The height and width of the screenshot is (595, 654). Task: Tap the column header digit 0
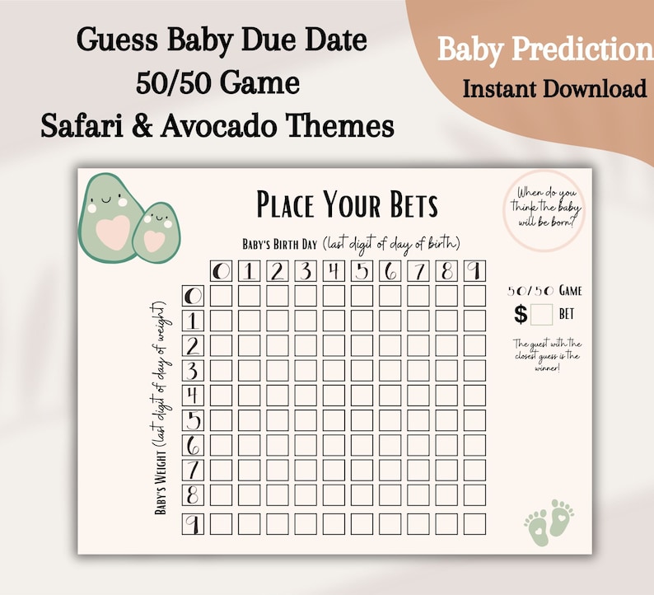221,270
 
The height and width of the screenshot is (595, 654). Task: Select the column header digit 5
362,270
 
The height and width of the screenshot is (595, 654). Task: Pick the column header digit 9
474,270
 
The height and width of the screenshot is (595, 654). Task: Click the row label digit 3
192,370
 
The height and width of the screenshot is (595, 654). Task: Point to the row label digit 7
192,471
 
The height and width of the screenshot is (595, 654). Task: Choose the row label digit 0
192,296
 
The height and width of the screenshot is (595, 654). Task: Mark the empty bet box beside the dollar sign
541,314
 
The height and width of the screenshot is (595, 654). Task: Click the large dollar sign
520,314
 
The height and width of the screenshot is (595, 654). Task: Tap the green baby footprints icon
549,518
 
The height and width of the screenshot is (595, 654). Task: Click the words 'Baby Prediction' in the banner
544,50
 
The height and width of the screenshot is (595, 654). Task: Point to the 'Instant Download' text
554,89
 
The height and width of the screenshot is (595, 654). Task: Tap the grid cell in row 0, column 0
221,296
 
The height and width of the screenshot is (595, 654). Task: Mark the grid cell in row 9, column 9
474,524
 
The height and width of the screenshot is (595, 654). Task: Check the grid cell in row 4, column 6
390,396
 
